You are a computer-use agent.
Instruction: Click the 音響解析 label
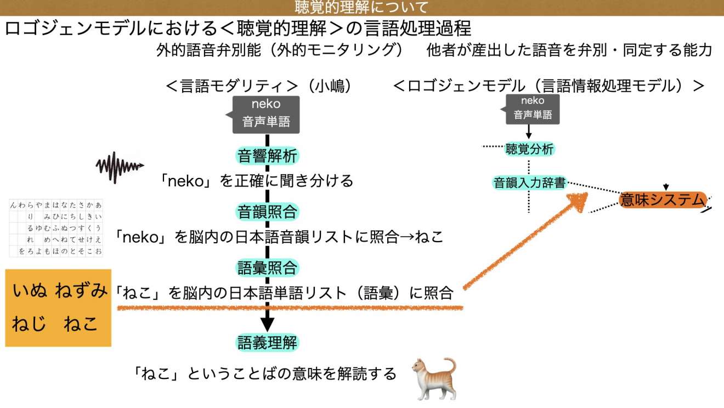[x=267, y=156]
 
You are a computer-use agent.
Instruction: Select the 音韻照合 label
[x=267, y=211]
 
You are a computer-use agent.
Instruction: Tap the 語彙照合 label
[x=267, y=268]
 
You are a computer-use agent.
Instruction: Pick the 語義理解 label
[x=267, y=343]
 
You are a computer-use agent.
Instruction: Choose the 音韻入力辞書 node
[x=529, y=183]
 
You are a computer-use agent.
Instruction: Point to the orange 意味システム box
[x=661, y=200]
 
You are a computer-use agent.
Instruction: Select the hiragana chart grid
[x=56, y=228]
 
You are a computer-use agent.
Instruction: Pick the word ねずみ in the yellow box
[x=81, y=291]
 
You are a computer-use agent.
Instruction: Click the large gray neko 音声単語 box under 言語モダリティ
[x=267, y=114]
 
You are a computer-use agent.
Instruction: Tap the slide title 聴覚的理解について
[x=361, y=7]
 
